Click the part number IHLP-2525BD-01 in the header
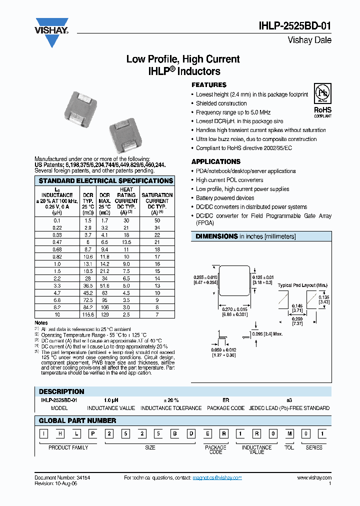point(295,26)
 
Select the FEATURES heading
point(209,85)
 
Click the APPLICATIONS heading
point(216,161)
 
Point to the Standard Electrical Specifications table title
point(105,180)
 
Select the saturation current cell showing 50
point(157,220)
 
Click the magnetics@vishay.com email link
point(217,478)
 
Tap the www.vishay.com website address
point(314,478)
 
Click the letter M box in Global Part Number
point(289,433)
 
